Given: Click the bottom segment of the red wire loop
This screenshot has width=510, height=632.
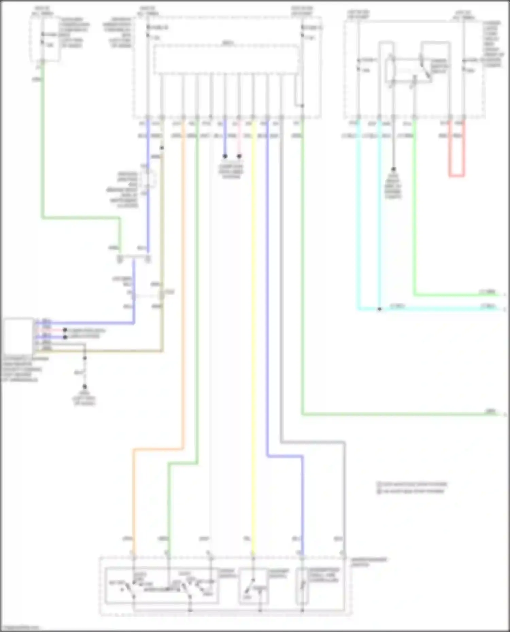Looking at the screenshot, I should (457, 176).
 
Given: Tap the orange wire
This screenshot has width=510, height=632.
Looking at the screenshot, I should (183, 306).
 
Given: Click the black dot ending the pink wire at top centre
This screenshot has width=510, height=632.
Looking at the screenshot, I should (239, 156).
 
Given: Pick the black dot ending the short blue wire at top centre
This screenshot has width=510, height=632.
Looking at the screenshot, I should (225, 156).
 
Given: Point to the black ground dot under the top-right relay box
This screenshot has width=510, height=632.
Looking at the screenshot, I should (393, 169).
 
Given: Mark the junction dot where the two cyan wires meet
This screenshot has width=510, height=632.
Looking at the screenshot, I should (379, 309).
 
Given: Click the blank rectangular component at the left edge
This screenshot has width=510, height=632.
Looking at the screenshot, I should (19, 336).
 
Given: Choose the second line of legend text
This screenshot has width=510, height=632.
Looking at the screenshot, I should (413, 491).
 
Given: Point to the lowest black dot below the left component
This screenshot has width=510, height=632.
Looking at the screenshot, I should (85, 386).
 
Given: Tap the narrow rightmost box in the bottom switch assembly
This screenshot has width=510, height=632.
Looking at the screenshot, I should (302, 586).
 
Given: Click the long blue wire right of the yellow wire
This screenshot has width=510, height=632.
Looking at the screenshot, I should (267, 289).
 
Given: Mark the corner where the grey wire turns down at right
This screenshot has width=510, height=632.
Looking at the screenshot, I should (344, 443).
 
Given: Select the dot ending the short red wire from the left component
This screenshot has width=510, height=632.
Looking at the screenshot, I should (65, 330).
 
